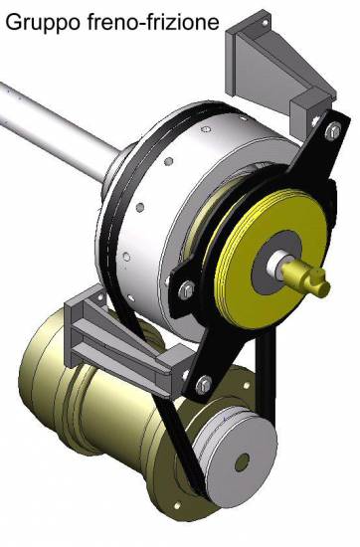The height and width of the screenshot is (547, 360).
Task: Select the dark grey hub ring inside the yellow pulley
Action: [x=275, y=259]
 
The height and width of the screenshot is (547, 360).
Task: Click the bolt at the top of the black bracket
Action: [x=333, y=131]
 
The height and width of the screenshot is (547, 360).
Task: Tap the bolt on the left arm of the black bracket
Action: [x=186, y=289]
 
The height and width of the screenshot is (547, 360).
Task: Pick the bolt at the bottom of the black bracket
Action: [x=204, y=385]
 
